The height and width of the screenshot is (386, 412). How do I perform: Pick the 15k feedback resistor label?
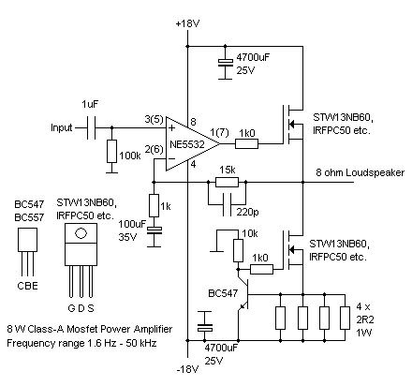pos(226,170)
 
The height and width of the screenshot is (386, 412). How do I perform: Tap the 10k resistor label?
pos(250,232)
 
